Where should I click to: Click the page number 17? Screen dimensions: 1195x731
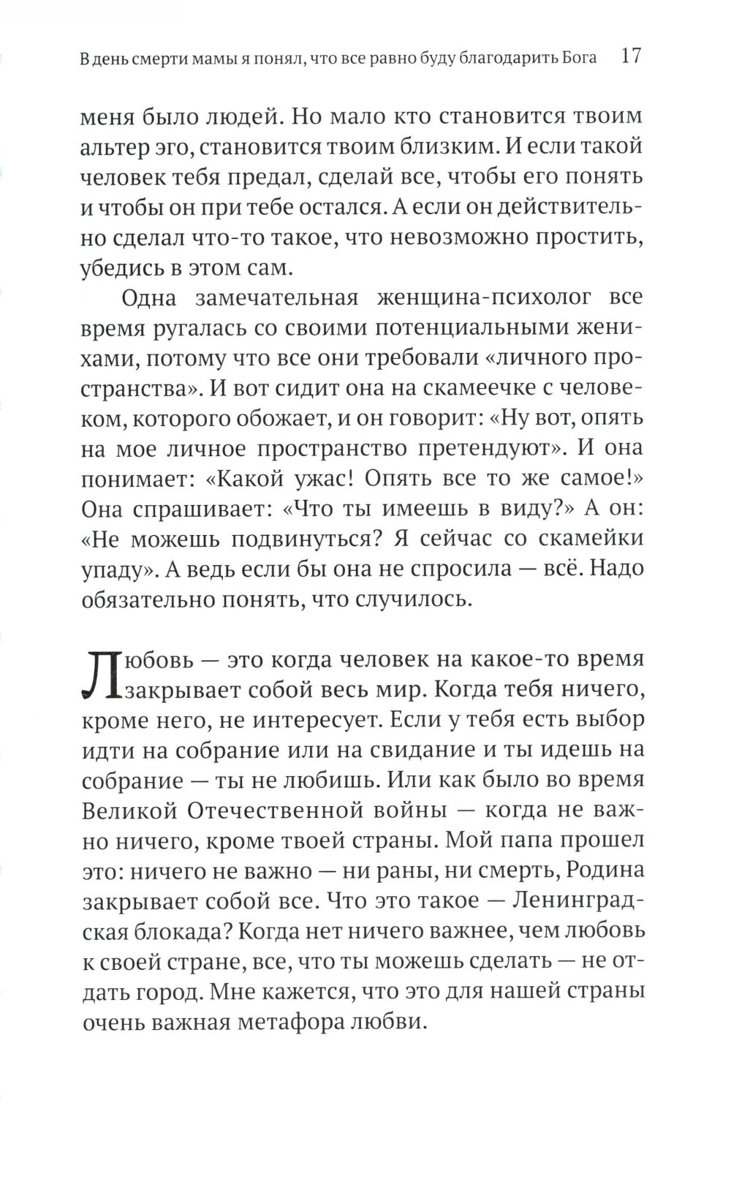pos(630,57)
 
